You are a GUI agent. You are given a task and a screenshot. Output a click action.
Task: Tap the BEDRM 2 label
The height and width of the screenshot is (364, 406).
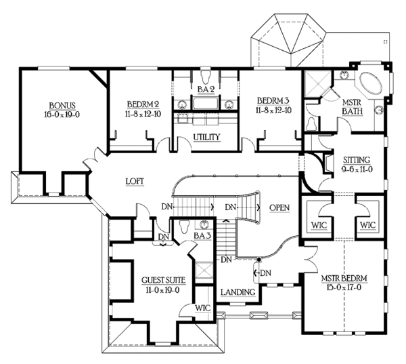[142, 104]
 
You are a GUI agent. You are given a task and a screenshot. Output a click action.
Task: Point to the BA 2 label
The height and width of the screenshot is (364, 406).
[205, 89]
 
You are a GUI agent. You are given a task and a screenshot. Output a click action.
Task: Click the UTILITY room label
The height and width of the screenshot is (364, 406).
[206, 138]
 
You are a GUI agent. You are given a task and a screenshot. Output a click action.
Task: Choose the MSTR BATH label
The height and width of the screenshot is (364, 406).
[353, 105]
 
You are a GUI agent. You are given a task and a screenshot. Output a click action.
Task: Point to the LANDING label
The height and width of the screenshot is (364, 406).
[238, 292]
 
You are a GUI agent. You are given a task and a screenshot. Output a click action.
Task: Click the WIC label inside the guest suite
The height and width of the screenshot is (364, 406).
[203, 308]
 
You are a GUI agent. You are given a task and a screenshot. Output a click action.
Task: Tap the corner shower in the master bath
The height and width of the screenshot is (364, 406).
[316, 84]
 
